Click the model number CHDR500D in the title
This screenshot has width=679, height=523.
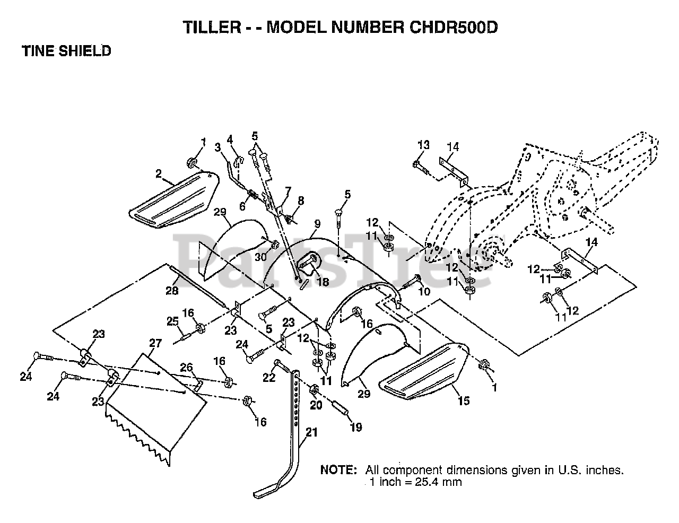[x=454, y=28]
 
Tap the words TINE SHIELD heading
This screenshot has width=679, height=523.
[x=66, y=51]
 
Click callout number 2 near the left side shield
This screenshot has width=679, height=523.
[x=159, y=173]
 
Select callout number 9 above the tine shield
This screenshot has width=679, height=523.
[x=317, y=224]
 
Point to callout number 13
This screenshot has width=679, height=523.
[x=423, y=145]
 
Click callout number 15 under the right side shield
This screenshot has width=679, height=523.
[x=464, y=401]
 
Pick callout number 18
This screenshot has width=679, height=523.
[x=323, y=282]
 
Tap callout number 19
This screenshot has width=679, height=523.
[x=356, y=427]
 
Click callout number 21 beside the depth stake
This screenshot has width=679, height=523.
[x=311, y=432]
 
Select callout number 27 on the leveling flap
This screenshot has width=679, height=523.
[x=155, y=343]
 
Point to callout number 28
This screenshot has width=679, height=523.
[x=172, y=291]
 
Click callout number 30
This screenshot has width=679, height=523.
[x=260, y=257]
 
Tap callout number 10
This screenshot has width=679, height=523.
[x=424, y=292]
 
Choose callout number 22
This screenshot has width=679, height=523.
[x=269, y=378]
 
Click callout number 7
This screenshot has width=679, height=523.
[x=288, y=190]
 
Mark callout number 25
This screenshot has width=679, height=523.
[x=172, y=321]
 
